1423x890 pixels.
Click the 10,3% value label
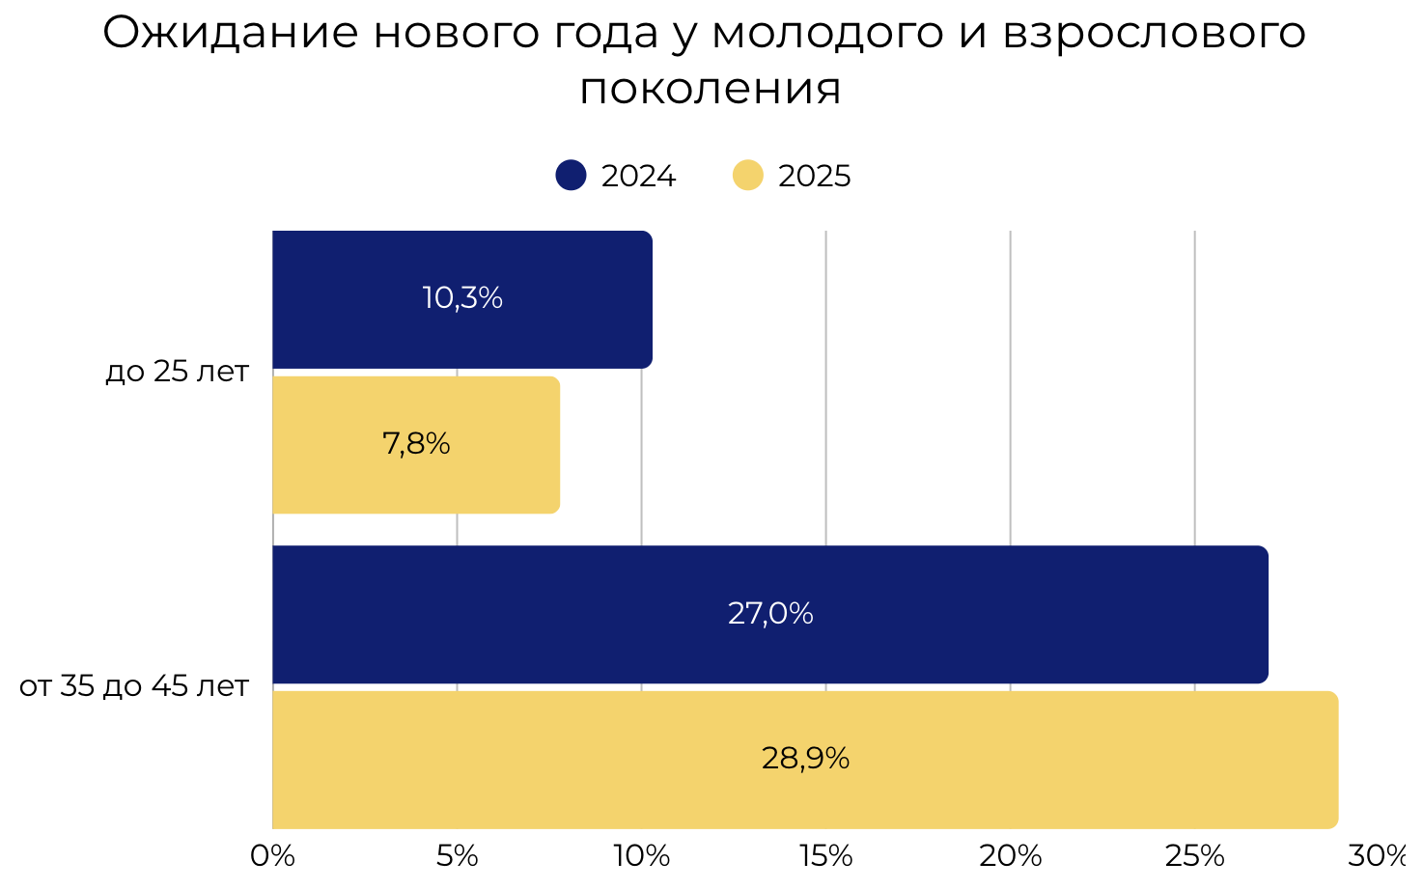point(462,297)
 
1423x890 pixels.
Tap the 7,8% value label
point(416,444)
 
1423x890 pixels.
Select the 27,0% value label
point(770,613)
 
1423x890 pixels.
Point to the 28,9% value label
point(805,759)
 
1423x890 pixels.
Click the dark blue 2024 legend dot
point(572,176)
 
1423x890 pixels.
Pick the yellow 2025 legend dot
point(748,176)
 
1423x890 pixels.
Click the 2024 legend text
point(638,177)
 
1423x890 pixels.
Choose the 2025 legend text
point(815,177)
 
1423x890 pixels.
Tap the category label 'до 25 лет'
point(178,372)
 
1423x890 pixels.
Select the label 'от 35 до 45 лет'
point(134,686)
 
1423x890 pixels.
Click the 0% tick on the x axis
point(272,856)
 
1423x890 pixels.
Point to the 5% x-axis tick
point(458,856)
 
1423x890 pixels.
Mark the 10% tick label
point(642,856)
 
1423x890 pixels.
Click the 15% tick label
point(826,856)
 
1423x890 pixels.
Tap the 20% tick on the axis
point(1011,856)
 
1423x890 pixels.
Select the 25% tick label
point(1195,856)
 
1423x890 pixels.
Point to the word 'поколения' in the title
point(711,89)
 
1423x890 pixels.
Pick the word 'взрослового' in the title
point(1155,34)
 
